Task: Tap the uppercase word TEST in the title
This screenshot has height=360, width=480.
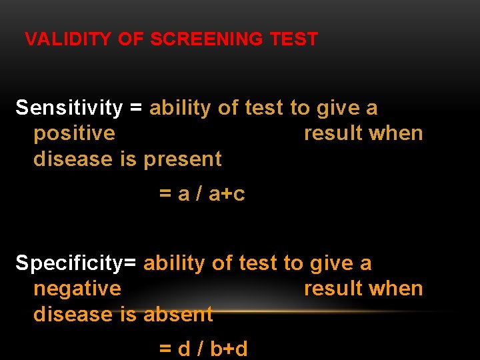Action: [294, 39]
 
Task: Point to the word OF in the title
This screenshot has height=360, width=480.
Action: [131, 39]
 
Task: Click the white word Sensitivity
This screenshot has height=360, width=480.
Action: [69, 108]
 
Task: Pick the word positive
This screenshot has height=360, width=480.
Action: [74, 133]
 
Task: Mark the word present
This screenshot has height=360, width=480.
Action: [183, 159]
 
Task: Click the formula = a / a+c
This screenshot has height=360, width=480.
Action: [202, 194]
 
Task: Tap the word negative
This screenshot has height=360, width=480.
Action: [77, 289]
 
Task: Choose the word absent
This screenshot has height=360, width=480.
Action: [178, 314]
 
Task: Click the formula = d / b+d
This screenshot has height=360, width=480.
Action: [203, 349]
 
